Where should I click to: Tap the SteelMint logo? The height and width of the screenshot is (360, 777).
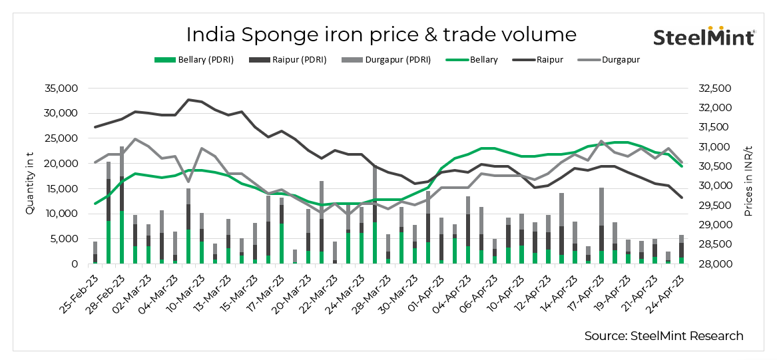[x=704, y=37]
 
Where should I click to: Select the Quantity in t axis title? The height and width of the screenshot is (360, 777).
[x=29, y=176]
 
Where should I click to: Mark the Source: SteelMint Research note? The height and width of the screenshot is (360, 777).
[x=664, y=336]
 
